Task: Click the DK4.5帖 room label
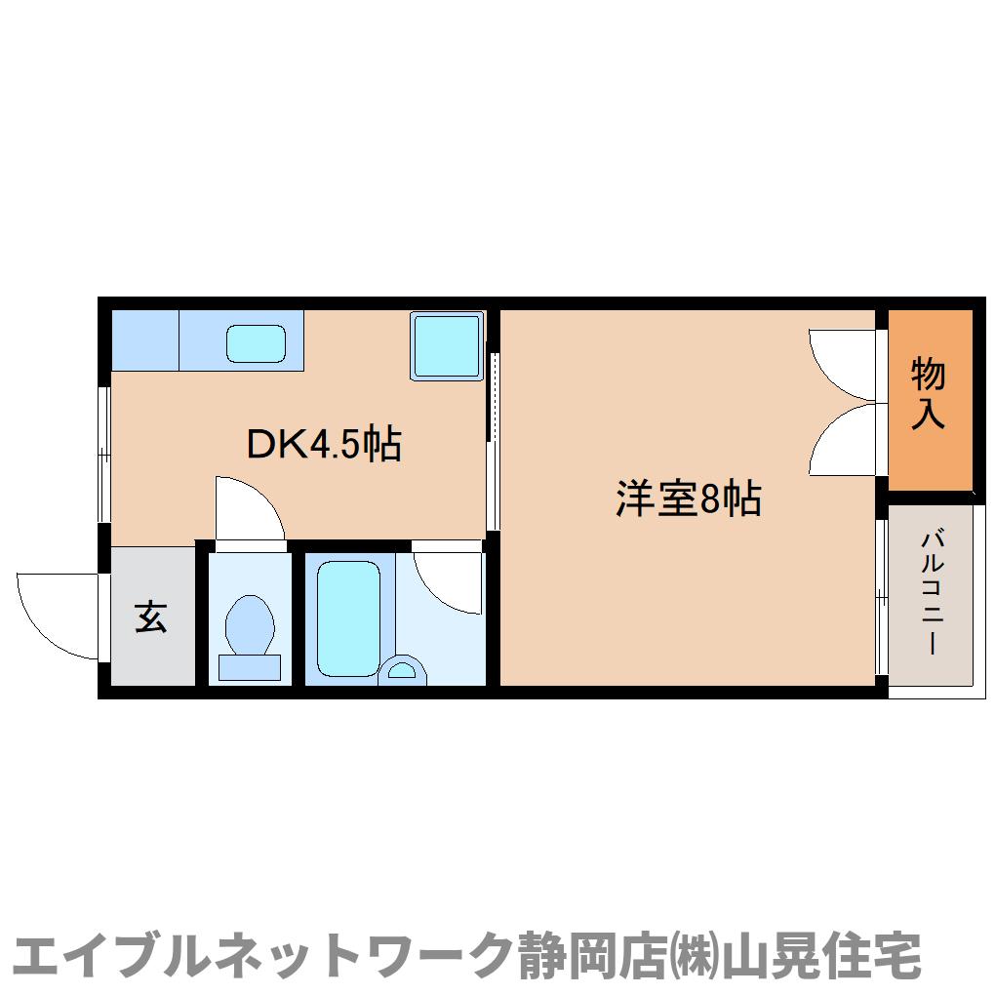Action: click(x=323, y=445)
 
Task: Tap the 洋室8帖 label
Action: click(x=687, y=499)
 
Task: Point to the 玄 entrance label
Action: click(x=150, y=617)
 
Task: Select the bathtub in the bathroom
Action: click(x=348, y=618)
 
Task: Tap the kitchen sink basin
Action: click(x=256, y=342)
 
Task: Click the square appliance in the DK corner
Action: click(x=447, y=345)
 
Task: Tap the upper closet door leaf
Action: click(x=844, y=363)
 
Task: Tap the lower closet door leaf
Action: click(x=844, y=441)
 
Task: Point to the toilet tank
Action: click(x=249, y=667)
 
